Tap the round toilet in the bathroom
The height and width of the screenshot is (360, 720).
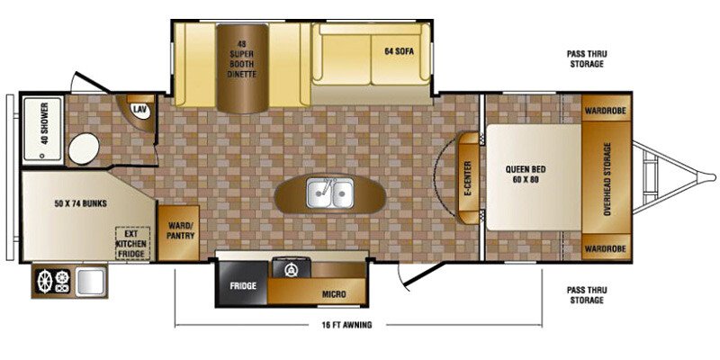tap(84, 148)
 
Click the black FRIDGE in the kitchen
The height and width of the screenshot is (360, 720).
tap(242, 285)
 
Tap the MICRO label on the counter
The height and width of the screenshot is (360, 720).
tap(335, 294)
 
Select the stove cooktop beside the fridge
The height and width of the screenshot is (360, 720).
tap(290, 268)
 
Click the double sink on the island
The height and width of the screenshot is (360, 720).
tap(329, 193)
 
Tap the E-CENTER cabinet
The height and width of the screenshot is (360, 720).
tap(467, 177)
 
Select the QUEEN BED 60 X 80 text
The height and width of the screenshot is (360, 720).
tap(527, 174)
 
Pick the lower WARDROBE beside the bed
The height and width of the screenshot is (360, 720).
tap(605, 247)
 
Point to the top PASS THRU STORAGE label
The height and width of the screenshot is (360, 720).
tap(585, 59)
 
